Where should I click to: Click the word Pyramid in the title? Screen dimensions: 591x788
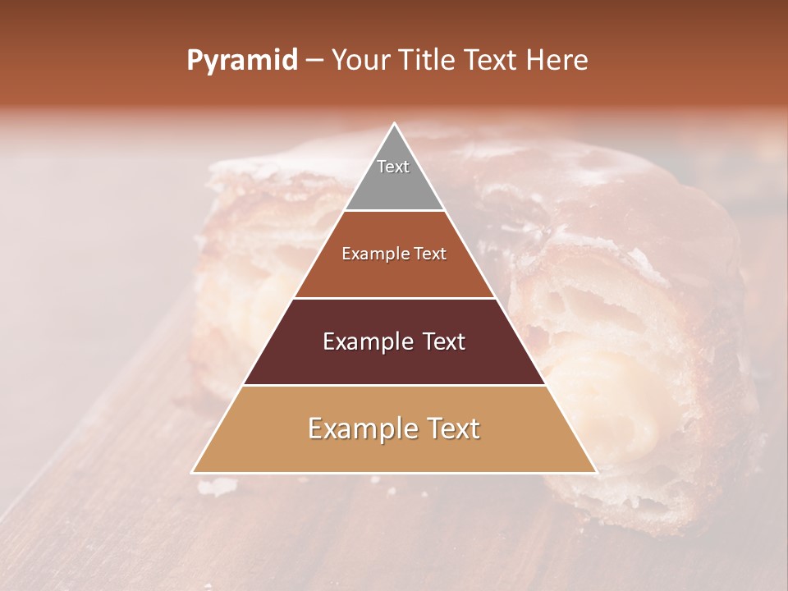pos(241,61)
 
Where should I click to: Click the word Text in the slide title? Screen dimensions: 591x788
pos(492,61)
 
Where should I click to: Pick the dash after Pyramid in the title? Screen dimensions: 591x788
pos(314,61)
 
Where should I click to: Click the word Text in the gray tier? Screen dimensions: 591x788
pos(393,167)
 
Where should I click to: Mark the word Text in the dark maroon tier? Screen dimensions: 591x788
pos(442,341)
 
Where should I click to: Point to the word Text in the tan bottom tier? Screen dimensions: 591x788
pos(449,428)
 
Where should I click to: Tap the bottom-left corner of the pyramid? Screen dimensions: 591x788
pos(193,472)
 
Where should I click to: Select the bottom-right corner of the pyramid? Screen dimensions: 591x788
pos(596,472)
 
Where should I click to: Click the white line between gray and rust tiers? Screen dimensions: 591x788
pos(394,210)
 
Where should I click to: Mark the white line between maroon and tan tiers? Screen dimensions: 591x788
pos(394,385)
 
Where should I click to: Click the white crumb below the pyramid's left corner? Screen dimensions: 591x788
pos(215,488)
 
